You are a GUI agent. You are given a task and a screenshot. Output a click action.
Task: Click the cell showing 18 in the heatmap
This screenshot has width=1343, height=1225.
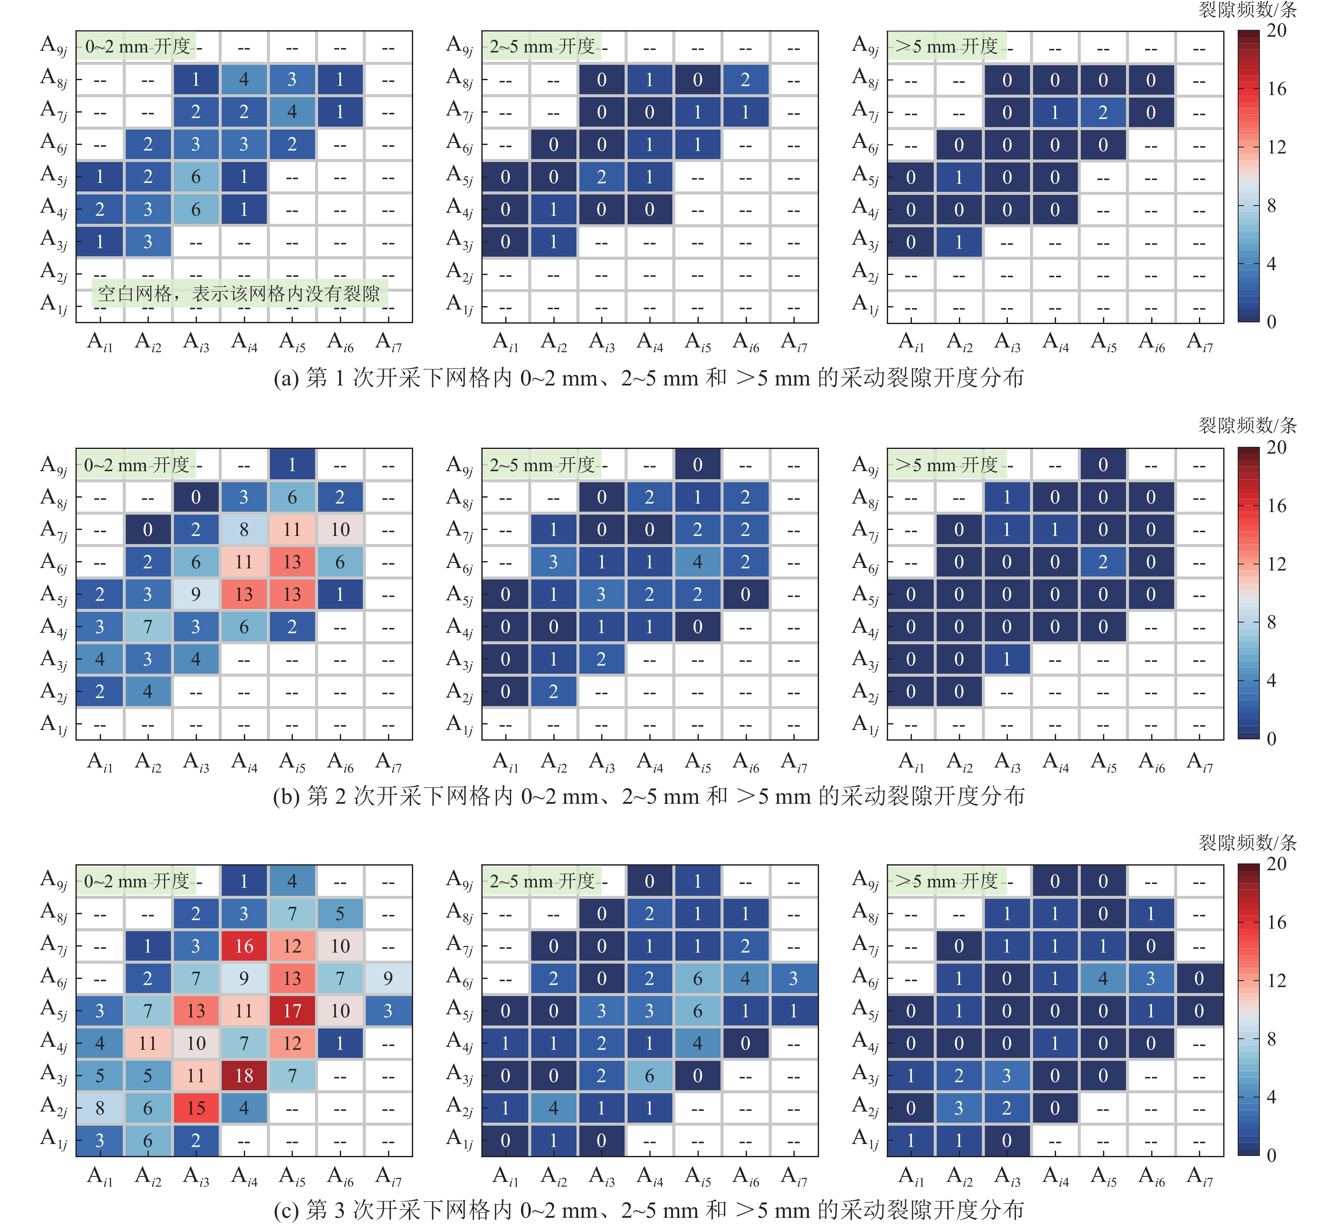tap(244, 1075)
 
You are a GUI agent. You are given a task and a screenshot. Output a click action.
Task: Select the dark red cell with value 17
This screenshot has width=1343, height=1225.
tap(292, 1011)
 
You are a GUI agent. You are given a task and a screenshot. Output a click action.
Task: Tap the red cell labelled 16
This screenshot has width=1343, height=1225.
tap(244, 946)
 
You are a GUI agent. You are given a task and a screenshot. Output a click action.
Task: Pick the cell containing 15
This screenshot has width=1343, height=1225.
tap(196, 1108)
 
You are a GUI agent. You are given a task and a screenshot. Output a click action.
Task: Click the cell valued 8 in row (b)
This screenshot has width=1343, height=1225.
tap(244, 530)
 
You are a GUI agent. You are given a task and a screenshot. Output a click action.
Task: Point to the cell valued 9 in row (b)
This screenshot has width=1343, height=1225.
tap(196, 594)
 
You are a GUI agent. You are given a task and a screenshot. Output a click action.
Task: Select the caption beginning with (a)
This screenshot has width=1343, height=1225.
tap(648, 378)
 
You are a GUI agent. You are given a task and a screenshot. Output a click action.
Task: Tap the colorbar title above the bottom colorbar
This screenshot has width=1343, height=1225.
tap(1247, 843)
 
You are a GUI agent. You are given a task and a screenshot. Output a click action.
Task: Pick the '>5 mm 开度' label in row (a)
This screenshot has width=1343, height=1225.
tap(946, 46)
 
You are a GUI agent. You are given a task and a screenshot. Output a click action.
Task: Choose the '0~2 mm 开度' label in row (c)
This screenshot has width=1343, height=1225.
tap(136, 881)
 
